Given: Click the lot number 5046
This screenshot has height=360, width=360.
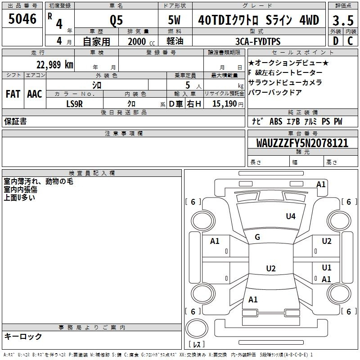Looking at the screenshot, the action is (x=22, y=19).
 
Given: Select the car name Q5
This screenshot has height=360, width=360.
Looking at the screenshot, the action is (x=116, y=20).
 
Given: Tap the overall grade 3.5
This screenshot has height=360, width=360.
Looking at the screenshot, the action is (x=343, y=20).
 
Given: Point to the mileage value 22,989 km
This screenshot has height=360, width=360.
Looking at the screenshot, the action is (x=54, y=65).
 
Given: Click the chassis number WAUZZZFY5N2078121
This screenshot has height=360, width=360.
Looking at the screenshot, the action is (x=302, y=143).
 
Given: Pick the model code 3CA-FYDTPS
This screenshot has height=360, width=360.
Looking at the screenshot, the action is (x=258, y=41).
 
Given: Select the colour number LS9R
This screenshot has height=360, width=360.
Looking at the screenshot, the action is (x=74, y=104).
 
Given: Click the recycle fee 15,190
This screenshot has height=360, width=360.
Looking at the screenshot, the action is (x=225, y=103).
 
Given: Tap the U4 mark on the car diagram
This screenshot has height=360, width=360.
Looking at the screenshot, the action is (x=291, y=216).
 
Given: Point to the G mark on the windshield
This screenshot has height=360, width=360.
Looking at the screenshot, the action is (x=257, y=237).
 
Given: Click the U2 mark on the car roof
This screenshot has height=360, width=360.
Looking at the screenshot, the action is (x=271, y=268).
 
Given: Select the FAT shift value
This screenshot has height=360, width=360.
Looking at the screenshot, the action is (x=13, y=94).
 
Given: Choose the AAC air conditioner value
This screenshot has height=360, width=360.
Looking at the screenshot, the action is (x=35, y=94).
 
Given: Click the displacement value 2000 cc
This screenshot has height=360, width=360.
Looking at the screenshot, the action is (x=141, y=41).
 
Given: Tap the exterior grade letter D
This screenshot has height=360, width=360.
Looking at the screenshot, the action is (x=336, y=41).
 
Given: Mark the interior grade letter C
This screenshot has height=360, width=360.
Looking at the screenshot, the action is (x=350, y=41).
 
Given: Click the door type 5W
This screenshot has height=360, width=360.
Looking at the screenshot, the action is (x=174, y=20).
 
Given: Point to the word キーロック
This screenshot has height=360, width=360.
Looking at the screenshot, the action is (x=23, y=336).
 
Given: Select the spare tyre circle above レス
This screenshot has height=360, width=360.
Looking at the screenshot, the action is (x=197, y=328).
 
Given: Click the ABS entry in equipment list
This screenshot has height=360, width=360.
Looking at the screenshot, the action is (x=276, y=121).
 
